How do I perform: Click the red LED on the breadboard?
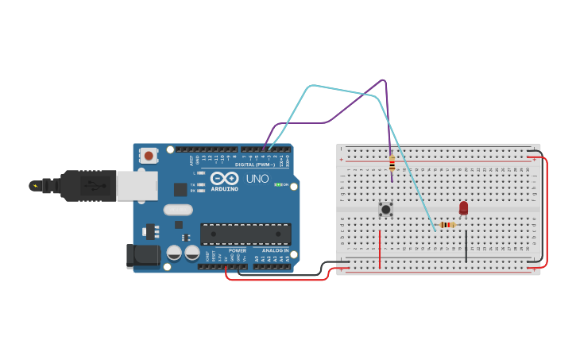point(464,207)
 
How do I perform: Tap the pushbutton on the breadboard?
point(385,209)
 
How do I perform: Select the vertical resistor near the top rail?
point(392,164)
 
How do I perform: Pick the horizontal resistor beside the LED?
point(447,225)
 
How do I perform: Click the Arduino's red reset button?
point(149,156)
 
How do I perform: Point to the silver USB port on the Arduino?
point(137,186)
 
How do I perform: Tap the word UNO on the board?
point(257,180)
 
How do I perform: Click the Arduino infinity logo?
point(224,178)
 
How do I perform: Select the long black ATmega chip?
point(245,234)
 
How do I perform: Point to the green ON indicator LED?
point(277,184)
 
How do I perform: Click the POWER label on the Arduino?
point(237,250)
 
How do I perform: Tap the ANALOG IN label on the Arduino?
point(275,250)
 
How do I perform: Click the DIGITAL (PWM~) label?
point(255,165)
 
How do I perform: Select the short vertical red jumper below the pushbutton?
point(380,250)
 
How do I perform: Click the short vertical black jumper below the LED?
point(466,246)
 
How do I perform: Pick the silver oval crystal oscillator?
point(178,210)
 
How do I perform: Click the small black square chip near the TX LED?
point(180,189)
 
